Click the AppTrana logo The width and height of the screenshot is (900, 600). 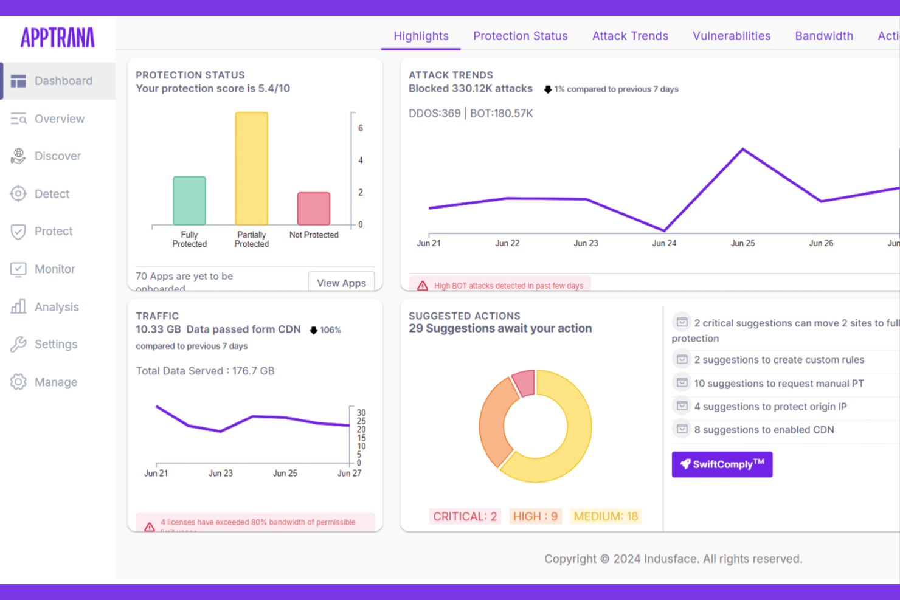(58, 38)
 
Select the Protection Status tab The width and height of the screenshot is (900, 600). (520, 36)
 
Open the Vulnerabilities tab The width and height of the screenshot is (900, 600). (731, 36)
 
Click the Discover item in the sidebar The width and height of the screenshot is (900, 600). (57, 156)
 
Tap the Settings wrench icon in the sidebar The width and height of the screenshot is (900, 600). (18, 345)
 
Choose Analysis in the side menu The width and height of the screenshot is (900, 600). (56, 307)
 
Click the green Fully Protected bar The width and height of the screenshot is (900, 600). (189, 201)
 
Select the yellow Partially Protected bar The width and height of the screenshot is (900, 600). (251, 168)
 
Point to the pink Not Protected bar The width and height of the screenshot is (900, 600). (313, 209)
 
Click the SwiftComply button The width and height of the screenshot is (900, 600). (721, 464)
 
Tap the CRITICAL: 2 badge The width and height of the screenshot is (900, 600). (465, 517)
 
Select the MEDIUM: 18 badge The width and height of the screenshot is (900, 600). (606, 517)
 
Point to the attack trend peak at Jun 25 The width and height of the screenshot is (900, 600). (742, 149)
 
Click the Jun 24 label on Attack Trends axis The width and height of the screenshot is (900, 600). (664, 243)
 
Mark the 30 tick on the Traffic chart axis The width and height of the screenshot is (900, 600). (361, 413)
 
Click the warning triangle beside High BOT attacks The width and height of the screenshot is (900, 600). (422, 286)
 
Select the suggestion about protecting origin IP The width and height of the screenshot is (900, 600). (770, 407)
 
